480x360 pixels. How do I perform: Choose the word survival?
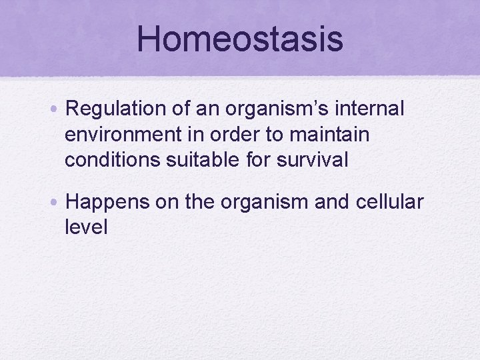tap(315, 161)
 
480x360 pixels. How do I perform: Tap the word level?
tap(86, 227)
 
